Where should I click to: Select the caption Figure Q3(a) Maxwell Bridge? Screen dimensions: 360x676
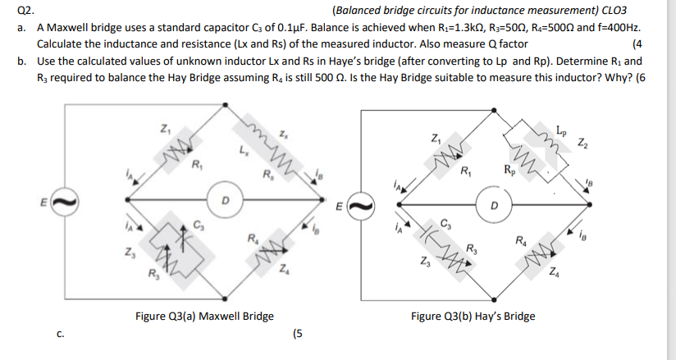click(x=204, y=316)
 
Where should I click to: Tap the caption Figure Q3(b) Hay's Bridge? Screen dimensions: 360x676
click(x=473, y=316)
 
